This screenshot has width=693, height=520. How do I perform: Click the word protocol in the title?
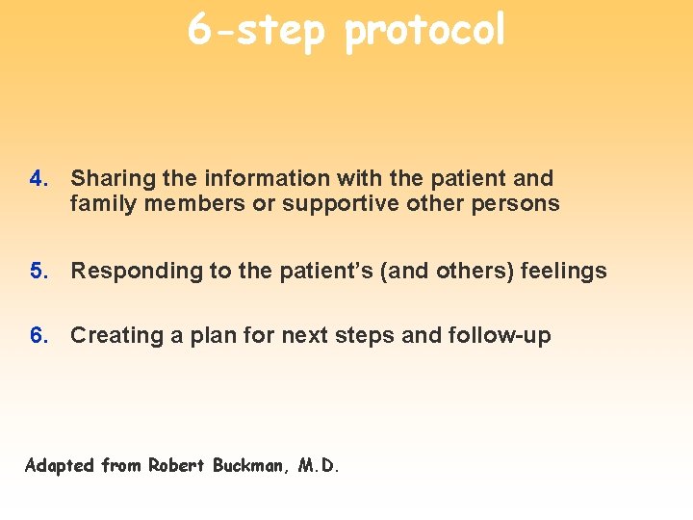[x=424, y=31]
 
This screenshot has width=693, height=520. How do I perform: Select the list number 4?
[x=38, y=178]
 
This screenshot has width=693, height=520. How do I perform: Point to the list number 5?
[x=38, y=271]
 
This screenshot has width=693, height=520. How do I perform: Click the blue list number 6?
[x=38, y=335]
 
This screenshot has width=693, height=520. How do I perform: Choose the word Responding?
[x=131, y=272]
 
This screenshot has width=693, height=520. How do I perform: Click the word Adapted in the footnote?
[x=60, y=466]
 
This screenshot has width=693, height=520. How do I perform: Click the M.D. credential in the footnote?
[x=319, y=465]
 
